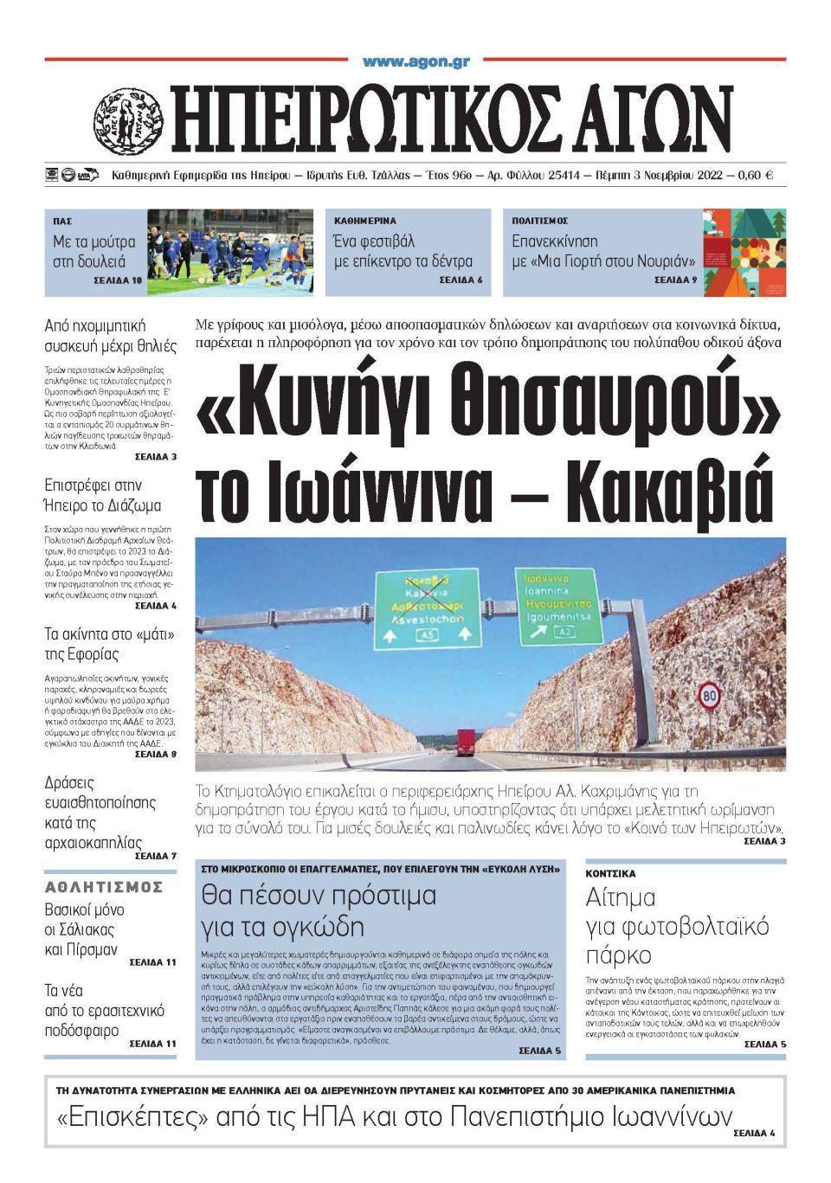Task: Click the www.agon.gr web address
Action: click(x=416, y=61)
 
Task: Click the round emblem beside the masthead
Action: click(x=127, y=119)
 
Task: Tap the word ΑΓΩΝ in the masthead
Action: click(x=645, y=120)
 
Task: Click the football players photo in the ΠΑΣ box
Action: click(x=229, y=252)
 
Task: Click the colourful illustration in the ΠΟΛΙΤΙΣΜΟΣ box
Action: click(x=744, y=252)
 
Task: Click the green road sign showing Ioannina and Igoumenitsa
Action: click(x=557, y=605)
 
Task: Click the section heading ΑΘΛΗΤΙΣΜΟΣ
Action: click(x=104, y=886)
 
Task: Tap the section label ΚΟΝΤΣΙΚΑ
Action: click(x=610, y=873)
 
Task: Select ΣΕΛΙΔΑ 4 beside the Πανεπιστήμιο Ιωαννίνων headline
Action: click(x=754, y=1133)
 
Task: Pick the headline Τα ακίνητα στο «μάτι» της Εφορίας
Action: click(x=109, y=644)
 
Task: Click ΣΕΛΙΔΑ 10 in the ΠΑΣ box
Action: click(x=118, y=281)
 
